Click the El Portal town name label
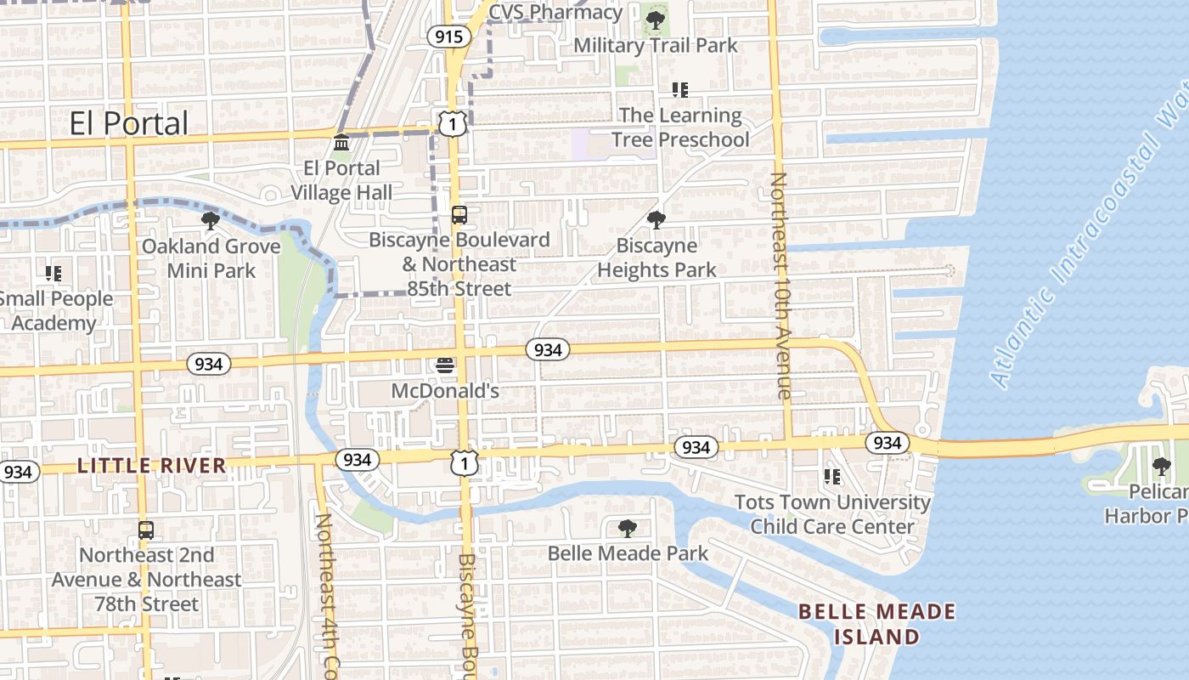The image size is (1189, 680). (x=129, y=124)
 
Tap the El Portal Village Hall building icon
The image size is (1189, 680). (x=341, y=142)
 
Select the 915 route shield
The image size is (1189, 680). (x=448, y=36)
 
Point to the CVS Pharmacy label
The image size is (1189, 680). (x=555, y=12)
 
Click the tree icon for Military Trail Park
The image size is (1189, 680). (x=655, y=20)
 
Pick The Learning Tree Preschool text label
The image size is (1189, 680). (x=679, y=127)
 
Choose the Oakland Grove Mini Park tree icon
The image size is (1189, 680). (x=211, y=222)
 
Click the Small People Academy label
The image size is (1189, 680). (x=56, y=311)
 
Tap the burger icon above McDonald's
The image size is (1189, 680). (x=445, y=366)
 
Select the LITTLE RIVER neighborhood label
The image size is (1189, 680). (x=152, y=466)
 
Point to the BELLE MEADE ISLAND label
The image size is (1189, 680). (x=876, y=624)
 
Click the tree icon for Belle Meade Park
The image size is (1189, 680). (x=628, y=529)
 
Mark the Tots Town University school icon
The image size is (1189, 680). (x=832, y=477)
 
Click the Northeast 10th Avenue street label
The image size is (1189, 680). (x=780, y=286)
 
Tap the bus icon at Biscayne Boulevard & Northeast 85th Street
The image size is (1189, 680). (x=459, y=215)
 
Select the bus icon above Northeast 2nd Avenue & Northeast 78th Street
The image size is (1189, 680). (x=146, y=530)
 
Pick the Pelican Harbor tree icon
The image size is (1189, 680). (x=1161, y=467)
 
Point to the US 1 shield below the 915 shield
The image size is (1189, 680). (x=453, y=124)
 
